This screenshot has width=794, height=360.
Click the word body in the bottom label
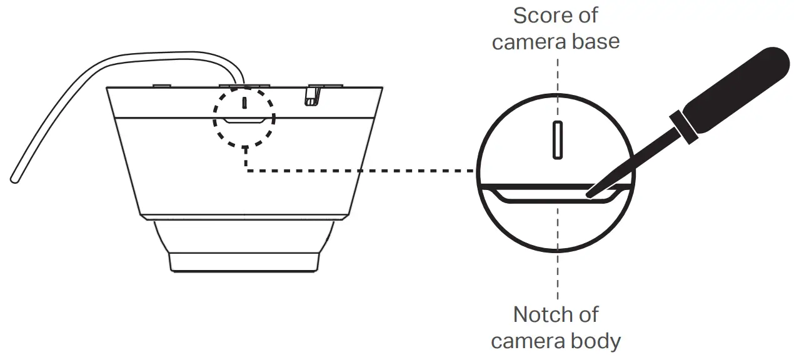pyautogui.click(x=595, y=341)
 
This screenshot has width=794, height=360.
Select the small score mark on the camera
pyautogui.click(x=245, y=101)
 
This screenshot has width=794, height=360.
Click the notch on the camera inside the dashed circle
pyautogui.click(x=244, y=121)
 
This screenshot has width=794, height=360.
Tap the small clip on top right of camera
pyautogui.click(x=311, y=95)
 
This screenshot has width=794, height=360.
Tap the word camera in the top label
pyautogui.click(x=529, y=41)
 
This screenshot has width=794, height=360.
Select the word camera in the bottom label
pyautogui.click(x=528, y=341)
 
